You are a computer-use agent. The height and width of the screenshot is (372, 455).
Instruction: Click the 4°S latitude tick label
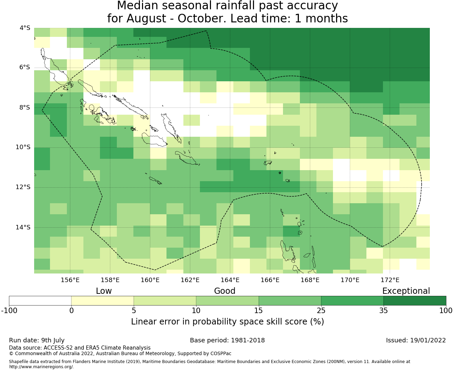[x=25, y=28]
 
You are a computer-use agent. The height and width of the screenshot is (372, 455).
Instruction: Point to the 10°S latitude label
[x=23, y=147]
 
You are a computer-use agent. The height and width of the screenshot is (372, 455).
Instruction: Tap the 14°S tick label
[x=23, y=227]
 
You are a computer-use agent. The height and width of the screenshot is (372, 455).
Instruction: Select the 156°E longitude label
[x=70, y=280]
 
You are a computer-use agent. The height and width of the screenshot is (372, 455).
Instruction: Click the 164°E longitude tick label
[x=230, y=280]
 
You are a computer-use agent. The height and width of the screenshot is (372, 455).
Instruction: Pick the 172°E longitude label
[x=390, y=280]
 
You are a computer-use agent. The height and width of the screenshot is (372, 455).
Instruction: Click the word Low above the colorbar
[x=104, y=291]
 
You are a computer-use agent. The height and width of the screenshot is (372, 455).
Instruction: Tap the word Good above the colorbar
[x=225, y=291]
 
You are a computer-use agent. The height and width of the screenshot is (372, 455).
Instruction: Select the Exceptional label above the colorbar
[x=406, y=291]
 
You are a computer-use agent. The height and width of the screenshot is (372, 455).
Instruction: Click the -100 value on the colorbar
[x=9, y=311]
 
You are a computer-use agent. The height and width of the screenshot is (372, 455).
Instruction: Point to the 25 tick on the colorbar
[x=321, y=311]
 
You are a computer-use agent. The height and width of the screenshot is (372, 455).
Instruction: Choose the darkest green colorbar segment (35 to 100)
[x=415, y=301]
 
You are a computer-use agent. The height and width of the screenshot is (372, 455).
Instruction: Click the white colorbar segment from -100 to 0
[x=40, y=301]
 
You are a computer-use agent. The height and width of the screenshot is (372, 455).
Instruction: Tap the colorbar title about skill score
[x=228, y=322]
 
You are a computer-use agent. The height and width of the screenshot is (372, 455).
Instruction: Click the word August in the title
[x=146, y=19]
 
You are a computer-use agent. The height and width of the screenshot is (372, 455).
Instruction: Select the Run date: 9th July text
[x=37, y=340]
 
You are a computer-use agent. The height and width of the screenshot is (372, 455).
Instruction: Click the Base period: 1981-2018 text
[x=227, y=340]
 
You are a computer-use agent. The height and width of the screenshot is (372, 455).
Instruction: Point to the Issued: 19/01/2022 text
[x=416, y=340]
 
